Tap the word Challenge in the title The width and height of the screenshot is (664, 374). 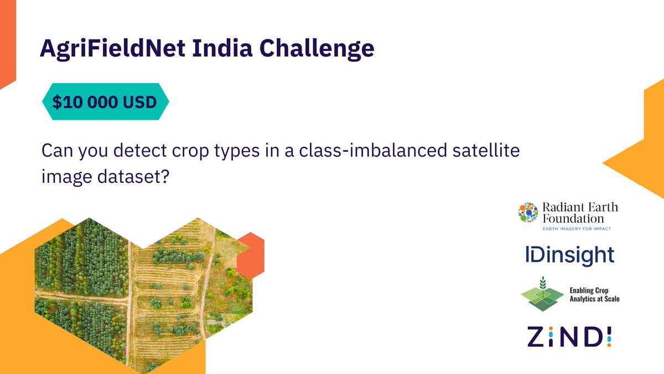point(318,50)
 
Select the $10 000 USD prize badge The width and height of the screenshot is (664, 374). point(105,102)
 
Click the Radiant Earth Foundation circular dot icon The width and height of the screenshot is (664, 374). point(528,213)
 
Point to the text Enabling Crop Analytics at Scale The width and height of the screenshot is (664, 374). point(594,294)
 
